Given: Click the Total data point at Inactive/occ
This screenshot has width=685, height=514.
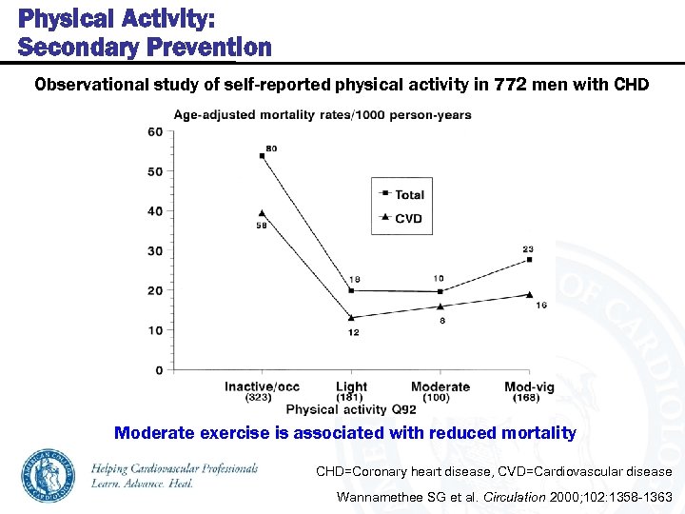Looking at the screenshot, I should (262, 155).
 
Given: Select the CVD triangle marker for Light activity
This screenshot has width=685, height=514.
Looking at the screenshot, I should (352, 317).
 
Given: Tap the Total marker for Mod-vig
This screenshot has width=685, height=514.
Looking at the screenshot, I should (529, 259).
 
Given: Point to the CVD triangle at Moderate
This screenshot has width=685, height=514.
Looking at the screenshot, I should (440, 306).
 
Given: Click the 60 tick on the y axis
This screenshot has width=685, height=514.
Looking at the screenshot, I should (155, 132).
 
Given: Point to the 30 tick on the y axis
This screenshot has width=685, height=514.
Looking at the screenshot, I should (155, 251).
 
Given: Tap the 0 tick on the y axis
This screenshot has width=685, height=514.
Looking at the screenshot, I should (158, 369).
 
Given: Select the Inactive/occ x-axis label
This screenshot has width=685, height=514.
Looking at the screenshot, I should (262, 386).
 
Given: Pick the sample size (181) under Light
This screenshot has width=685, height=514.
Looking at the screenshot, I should (350, 398).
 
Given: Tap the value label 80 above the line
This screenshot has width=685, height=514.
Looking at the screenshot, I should (271, 148).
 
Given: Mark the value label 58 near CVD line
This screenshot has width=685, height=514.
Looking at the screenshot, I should (261, 226).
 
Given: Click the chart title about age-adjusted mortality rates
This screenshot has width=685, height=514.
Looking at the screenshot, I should (322, 115).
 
